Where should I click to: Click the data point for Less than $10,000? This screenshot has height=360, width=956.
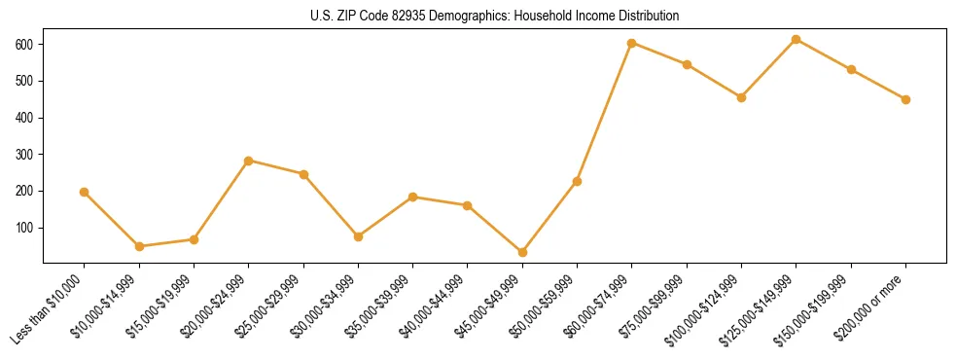(x=85, y=193)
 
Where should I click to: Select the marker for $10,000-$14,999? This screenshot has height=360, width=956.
(x=139, y=246)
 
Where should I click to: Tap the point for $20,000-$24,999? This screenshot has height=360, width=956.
(x=249, y=161)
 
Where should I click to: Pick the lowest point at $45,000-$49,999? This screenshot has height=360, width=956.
(x=522, y=252)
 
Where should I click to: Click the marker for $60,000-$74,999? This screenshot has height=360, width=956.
(x=632, y=43)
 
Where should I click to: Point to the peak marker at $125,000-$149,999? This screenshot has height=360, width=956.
(x=797, y=39)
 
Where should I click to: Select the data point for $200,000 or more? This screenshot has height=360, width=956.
(x=905, y=99)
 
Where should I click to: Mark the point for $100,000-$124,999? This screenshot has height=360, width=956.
(x=741, y=97)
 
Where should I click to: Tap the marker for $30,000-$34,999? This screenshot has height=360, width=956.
(x=358, y=236)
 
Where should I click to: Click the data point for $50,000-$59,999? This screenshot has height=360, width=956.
(x=577, y=181)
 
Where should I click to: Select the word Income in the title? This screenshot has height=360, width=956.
(x=581, y=17)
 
